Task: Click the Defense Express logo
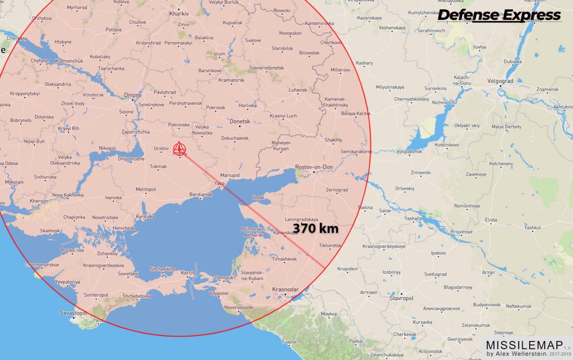(x=499, y=16)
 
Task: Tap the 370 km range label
(x=316, y=229)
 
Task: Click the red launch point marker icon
(x=179, y=149)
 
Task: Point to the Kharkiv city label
(x=179, y=13)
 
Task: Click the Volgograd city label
(x=500, y=81)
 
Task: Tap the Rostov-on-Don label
(x=314, y=167)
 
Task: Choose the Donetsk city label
(x=240, y=121)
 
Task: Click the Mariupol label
(x=230, y=175)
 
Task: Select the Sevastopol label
(x=73, y=313)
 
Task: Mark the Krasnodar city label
(x=285, y=289)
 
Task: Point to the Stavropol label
(x=402, y=298)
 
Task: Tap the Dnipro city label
(x=133, y=95)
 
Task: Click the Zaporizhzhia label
(x=136, y=132)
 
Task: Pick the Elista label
(x=491, y=220)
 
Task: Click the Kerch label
(x=187, y=273)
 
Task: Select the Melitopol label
(x=146, y=189)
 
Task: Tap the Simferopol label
(x=96, y=295)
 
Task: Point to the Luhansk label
(x=298, y=90)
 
